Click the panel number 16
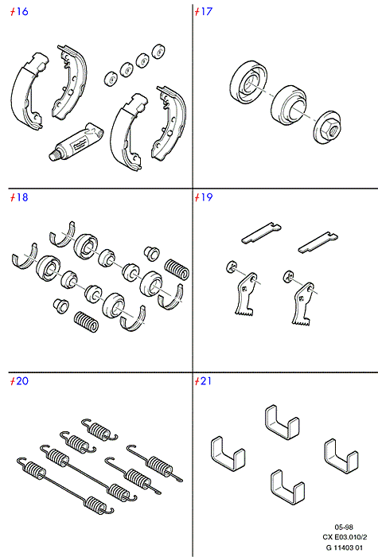(22, 11)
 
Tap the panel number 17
(206, 11)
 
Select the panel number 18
(22, 197)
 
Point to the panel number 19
(206, 197)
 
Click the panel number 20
(22, 381)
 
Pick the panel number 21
(206, 381)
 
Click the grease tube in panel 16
(76, 142)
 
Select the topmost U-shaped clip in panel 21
(282, 422)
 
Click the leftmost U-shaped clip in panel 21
(228, 454)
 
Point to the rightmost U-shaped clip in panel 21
(341, 456)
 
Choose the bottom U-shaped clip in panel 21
(287, 487)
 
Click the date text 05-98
(344, 527)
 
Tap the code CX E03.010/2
(345, 537)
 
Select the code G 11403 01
(345, 547)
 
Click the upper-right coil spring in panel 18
(177, 269)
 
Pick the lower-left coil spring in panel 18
(86, 321)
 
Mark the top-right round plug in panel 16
(158, 52)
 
